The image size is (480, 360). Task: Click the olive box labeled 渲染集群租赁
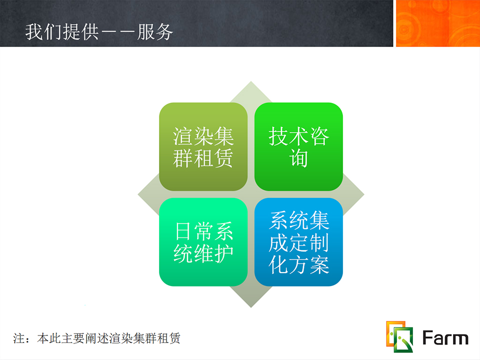click(x=203, y=146)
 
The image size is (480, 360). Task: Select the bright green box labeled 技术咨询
click(x=298, y=146)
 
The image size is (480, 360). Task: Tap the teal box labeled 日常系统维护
click(x=203, y=242)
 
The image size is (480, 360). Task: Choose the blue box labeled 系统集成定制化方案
click(x=298, y=242)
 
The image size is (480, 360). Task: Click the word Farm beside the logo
click(x=445, y=337)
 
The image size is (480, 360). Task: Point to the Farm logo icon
click(x=399, y=336)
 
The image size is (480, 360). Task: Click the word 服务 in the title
click(x=155, y=32)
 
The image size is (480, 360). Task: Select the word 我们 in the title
click(x=43, y=32)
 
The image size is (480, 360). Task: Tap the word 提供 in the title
click(x=80, y=32)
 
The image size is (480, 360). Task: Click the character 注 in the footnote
click(x=19, y=338)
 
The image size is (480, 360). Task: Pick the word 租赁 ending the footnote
click(x=168, y=338)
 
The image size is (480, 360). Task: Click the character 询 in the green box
click(x=298, y=158)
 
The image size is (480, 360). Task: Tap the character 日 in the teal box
click(x=183, y=231)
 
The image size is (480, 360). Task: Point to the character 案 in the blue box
click(x=319, y=264)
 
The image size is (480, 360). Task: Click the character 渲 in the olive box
click(x=183, y=136)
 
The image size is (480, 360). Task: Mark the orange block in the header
click(x=438, y=23)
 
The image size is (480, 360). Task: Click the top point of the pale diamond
click(x=251, y=81)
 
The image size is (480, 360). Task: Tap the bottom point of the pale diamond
click(x=251, y=307)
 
